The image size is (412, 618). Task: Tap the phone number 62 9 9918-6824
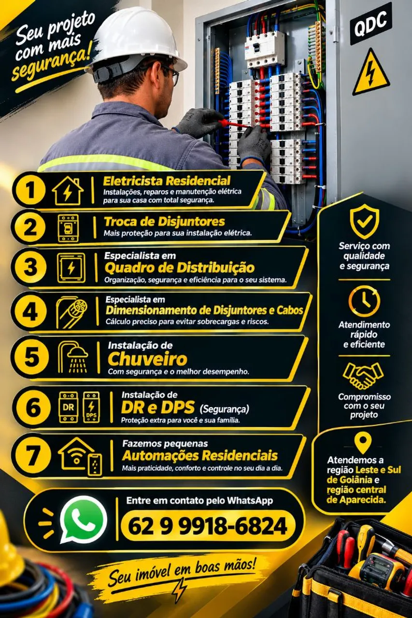(208, 526)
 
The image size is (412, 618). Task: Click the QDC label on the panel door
(370, 24)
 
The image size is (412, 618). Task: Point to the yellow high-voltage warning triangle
(371, 72)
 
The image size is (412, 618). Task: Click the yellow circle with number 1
(30, 190)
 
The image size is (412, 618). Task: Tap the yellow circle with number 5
(32, 357)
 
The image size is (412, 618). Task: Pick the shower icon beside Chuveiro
(73, 357)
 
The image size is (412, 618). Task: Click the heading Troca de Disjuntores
(165, 222)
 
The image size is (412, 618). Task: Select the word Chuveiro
(147, 359)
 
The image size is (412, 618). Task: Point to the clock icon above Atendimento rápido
(364, 301)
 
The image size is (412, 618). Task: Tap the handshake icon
(363, 376)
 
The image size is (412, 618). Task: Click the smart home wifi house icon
(80, 456)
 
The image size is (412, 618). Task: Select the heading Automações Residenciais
(200, 455)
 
